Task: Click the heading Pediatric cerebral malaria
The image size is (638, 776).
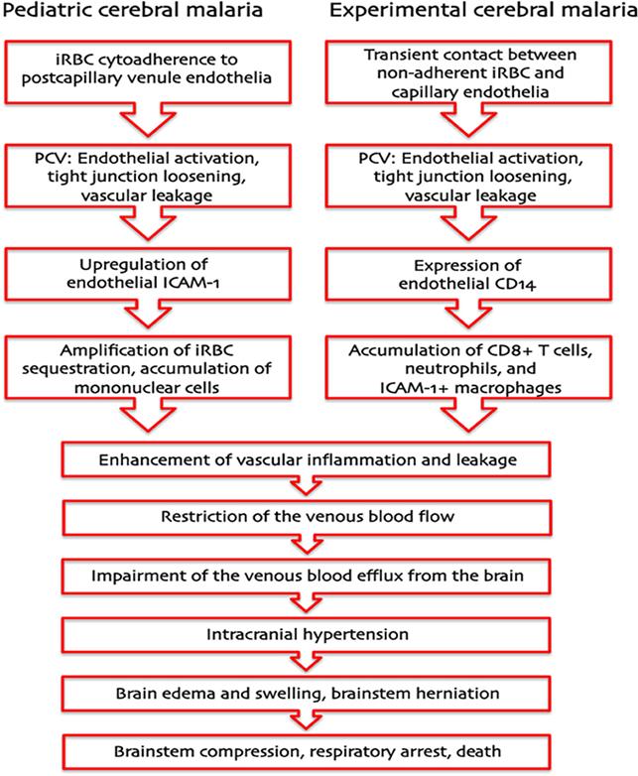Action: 139,14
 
